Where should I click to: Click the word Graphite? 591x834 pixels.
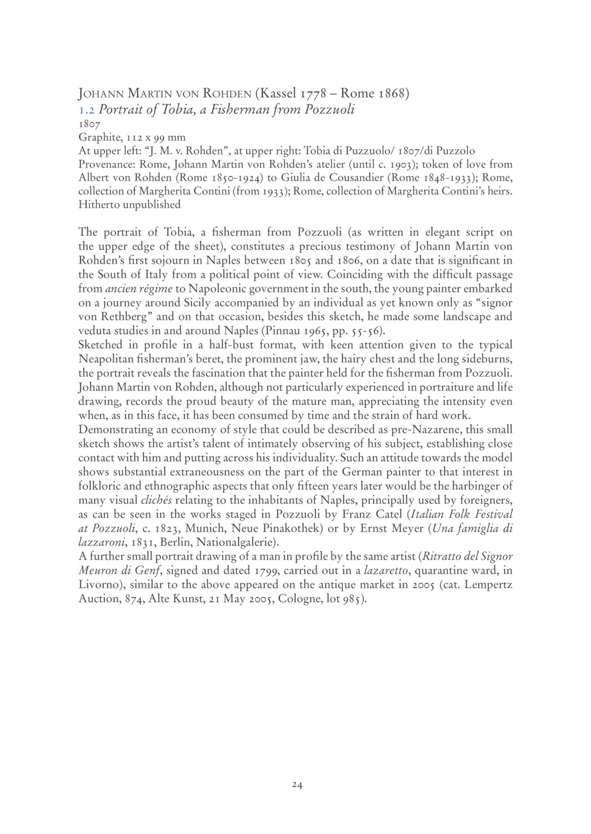[96, 136]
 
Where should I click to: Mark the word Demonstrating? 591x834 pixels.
[117, 430]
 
